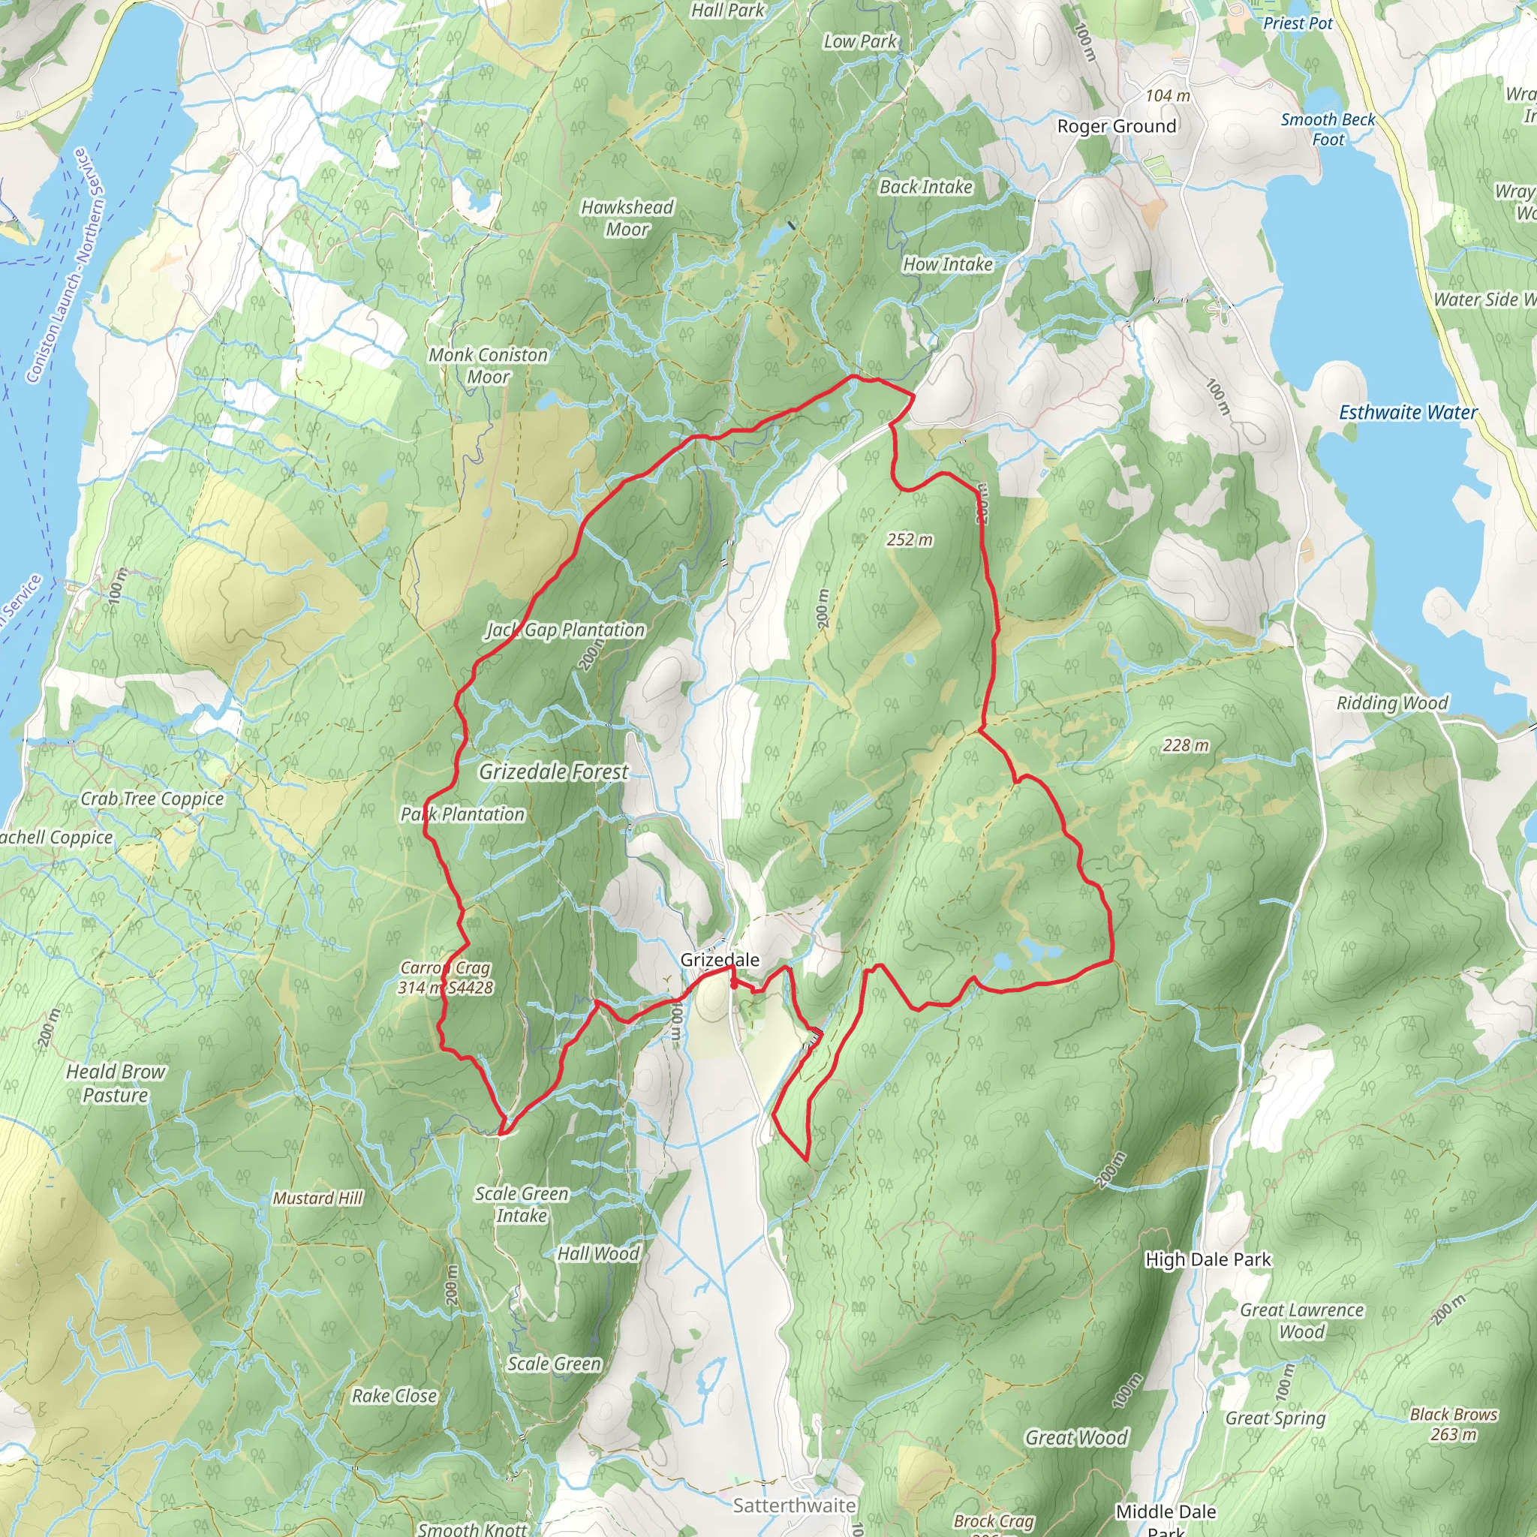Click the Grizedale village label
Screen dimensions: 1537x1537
click(x=719, y=959)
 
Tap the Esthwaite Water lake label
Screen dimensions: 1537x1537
click(x=1407, y=412)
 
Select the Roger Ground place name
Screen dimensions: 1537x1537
click(x=1116, y=127)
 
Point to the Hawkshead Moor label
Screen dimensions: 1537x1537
click(x=627, y=218)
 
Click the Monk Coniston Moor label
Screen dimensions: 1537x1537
click(x=488, y=366)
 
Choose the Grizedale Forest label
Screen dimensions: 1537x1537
click(x=554, y=772)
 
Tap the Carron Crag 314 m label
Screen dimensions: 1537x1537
click(x=446, y=978)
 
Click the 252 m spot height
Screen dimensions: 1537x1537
click(x=910, y=540)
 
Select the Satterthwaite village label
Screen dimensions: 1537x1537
click(x=794, y=1505)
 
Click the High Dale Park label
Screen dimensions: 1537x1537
click(x=1208, y=1259)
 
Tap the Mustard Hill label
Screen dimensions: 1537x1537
click(x=317, y=1198)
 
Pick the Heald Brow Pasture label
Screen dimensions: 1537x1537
click(x=116, y=1084)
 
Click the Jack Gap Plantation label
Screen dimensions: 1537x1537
click(x=565, y=630)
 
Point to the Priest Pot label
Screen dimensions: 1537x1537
click(x=1298, y=23)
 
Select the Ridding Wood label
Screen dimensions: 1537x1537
click(x=1391, y=702)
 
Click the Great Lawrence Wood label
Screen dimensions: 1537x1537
click(x=1301, y=1321)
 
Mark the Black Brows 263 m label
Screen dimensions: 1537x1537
click(x=1454, y=1424)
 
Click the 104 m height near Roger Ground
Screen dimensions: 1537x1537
click(x=1167, y=95)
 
